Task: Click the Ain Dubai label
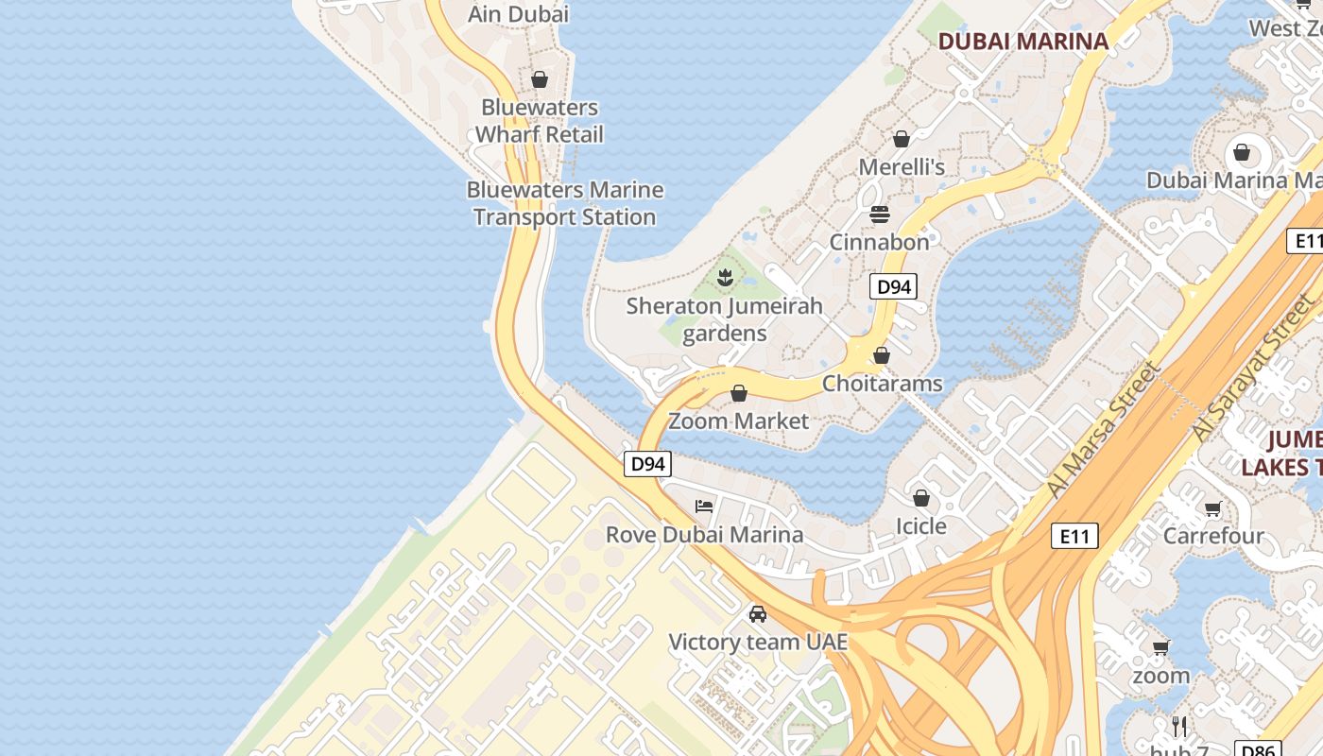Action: coord(519,14)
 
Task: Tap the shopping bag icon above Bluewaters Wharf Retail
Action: coord(540,79)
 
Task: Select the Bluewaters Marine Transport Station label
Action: coord(564,203)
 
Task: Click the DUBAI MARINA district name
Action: coord(1022,41)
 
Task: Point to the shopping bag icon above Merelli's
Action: coord(902,139)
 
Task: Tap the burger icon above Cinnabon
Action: coord(880,214)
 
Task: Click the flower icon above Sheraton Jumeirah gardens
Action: coord(725,278)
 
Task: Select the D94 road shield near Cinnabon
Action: coord(893,286)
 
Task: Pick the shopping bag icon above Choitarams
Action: coord(882,355)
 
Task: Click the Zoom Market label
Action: coord(739,421)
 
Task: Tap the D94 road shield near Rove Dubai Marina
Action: coord(648,464)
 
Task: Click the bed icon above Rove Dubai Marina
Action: coord(704,506)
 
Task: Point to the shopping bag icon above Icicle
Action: coord(921,497)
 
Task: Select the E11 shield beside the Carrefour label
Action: coord(1074,537)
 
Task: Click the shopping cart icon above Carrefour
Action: coord(1213,509)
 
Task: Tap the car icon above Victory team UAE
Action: coord(758,614)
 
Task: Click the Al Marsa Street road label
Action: coord(1103,430)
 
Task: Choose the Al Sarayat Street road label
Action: coord(1253,369)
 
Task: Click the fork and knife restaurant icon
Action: coord(1179,726)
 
